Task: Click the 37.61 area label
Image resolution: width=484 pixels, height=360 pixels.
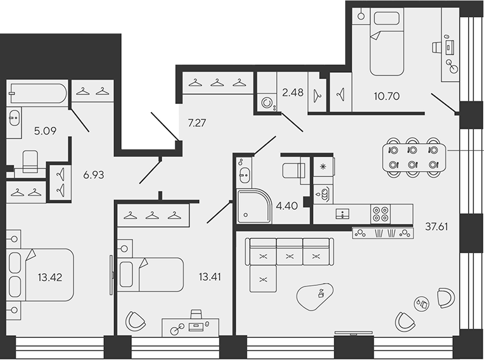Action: pos(436,227)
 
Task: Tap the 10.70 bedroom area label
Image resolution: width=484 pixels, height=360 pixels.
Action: pos(386,96)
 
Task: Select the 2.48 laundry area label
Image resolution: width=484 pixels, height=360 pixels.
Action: pos(293,92)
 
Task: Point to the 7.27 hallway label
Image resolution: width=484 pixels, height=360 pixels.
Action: pos(197,123)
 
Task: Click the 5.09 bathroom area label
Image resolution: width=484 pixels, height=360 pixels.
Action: pos(46,131)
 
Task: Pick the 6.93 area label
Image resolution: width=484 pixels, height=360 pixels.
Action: pos(94,175)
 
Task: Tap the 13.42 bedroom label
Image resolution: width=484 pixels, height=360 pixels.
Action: pos(50,277)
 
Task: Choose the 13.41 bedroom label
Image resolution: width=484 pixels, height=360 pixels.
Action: pos(210,276)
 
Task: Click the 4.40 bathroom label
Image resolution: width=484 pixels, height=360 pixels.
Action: pos(287,205)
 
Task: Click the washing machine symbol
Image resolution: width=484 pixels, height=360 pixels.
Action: pos(267,103)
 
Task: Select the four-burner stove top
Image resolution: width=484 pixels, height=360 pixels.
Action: pos(380,214)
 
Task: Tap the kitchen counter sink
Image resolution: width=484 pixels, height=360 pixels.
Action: pos(343,214)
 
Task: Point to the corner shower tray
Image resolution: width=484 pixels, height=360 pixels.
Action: pos(254,206)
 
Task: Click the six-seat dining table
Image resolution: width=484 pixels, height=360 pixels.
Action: pos(414,157)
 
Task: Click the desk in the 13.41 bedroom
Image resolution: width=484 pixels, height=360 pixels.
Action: pos(191,328)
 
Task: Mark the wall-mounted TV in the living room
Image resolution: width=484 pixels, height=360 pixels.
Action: pos(353,333)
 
